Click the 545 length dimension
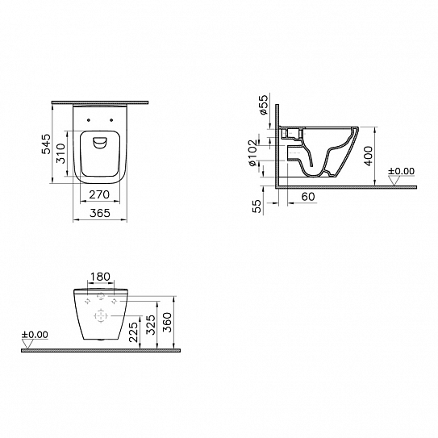click(46, 144)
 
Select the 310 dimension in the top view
click(59, 156)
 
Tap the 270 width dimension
click(98, 194)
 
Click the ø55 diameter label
click(264, 106)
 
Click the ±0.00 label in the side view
click(400, 171)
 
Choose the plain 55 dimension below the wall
click(257, 206)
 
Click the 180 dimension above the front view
click(100, 277)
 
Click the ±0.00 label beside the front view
click(35, 335)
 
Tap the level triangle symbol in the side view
click(394, 181)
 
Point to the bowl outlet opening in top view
click(100, 143)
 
